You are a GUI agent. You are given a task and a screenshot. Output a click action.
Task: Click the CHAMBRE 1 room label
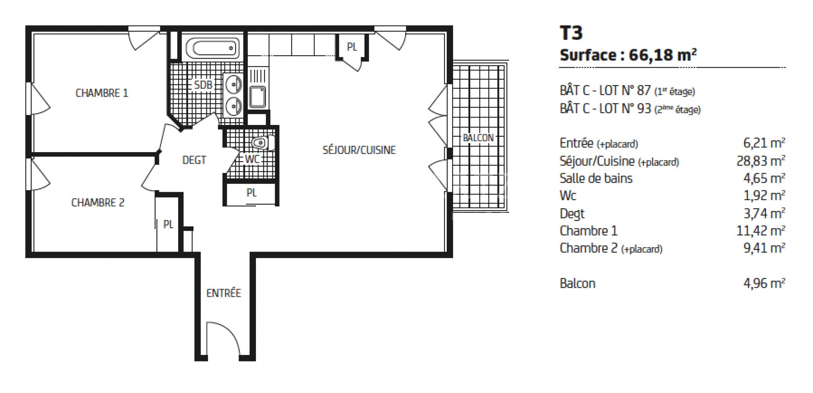[x=102, y=93]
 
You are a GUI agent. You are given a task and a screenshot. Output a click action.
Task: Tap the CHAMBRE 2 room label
[x=98, y=203]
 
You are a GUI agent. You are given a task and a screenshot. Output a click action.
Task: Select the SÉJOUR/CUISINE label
[x=359, y=150]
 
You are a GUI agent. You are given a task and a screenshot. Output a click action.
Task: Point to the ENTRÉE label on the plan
[x=223, y=293]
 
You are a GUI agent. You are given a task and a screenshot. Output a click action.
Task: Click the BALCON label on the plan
[x=478, y=138]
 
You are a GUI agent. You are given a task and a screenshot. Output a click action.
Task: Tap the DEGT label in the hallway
[x=194, y=160]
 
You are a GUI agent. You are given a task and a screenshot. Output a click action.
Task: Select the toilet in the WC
[x=263, y=143]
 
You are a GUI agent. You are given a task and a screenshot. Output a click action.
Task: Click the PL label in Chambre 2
[x=168, y=224]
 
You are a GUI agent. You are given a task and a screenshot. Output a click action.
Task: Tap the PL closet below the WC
[x=251, y=193]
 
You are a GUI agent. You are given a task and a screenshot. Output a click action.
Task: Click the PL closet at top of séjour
[x=352, y=47]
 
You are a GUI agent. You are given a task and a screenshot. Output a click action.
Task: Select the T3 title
[x=571, y=33]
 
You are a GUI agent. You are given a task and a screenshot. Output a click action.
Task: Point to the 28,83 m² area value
[x=760, y=161]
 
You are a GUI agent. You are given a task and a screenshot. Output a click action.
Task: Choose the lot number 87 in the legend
[x=644, y=90]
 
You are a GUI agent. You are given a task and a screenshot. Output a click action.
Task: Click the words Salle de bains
[x=596, y=178]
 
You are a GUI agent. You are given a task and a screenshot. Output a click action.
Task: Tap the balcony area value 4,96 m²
[x=764, y=283]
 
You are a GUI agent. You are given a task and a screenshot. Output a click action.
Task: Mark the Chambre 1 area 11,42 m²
[x=760, y=231]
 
